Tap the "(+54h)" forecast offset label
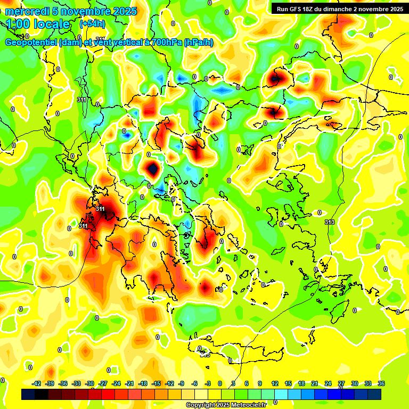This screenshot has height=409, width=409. click(x=92, y=24)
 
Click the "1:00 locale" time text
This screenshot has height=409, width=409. click(x=38, y=24)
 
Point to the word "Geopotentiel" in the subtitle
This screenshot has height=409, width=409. click(x=31, y=43)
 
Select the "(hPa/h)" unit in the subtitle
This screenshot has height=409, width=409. click(x=198, y=43)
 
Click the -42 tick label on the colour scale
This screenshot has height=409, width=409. click(x=37, y=383)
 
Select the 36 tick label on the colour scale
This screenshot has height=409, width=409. click(x=381, y=383)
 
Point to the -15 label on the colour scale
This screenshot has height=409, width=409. click(x=156, y=383)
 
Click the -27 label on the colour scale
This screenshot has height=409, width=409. click(x=103, y=383)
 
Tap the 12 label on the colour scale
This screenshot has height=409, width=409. click(x=275, y=383)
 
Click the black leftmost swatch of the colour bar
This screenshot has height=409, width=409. click(x=28, y=395)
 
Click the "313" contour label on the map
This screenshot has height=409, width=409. click(x=330, y=222)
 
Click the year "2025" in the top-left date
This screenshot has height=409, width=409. click(x=125, y=11)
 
